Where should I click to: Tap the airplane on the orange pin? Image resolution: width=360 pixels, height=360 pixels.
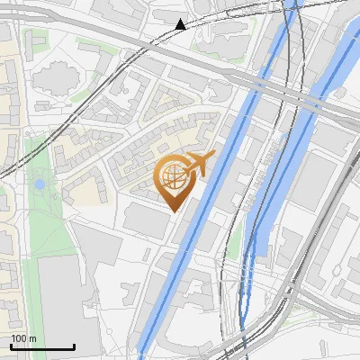(199, 163)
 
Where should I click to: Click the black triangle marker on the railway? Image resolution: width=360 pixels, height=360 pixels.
(181, 24)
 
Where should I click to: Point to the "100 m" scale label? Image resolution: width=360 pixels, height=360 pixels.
(23, 338)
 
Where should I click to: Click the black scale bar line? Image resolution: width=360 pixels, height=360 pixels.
(42, 346)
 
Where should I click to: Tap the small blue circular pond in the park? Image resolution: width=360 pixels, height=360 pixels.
(39, 184)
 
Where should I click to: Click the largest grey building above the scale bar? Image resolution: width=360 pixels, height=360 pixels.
(67, 297)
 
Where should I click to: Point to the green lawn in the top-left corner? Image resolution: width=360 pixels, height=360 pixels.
(36, 40)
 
